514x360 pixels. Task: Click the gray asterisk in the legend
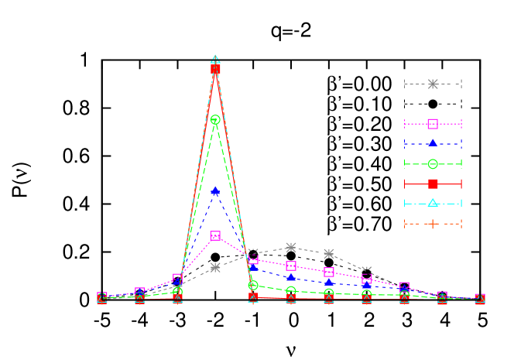coord(433,84)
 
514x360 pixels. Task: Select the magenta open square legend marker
coord(433,124)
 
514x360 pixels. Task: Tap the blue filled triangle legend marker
coord(433,143)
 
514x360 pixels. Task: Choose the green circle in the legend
coord(433,163)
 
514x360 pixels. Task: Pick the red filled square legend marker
coord(433,183)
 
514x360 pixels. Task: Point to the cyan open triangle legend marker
coord(433,203)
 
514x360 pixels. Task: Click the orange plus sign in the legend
coord(433,224)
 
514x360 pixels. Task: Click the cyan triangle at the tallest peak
coord(215,60)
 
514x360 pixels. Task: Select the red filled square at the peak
coord(215,69)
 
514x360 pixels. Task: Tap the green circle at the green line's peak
coord(215,120)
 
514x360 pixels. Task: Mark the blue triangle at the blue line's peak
coord(215,190)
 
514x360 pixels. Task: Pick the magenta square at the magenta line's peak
coord(215,235)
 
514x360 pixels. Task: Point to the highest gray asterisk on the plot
coord(290,248)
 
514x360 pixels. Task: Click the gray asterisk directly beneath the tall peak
coord(215,267)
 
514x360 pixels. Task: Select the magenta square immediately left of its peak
coord(177,279)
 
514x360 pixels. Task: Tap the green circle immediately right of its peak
coord(253,286)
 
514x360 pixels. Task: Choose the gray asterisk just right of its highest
coord(328,254)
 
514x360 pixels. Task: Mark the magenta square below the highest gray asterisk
coord(290,266)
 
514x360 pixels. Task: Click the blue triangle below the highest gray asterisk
coord(290,277)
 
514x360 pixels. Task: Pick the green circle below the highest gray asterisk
coord(290,291)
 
